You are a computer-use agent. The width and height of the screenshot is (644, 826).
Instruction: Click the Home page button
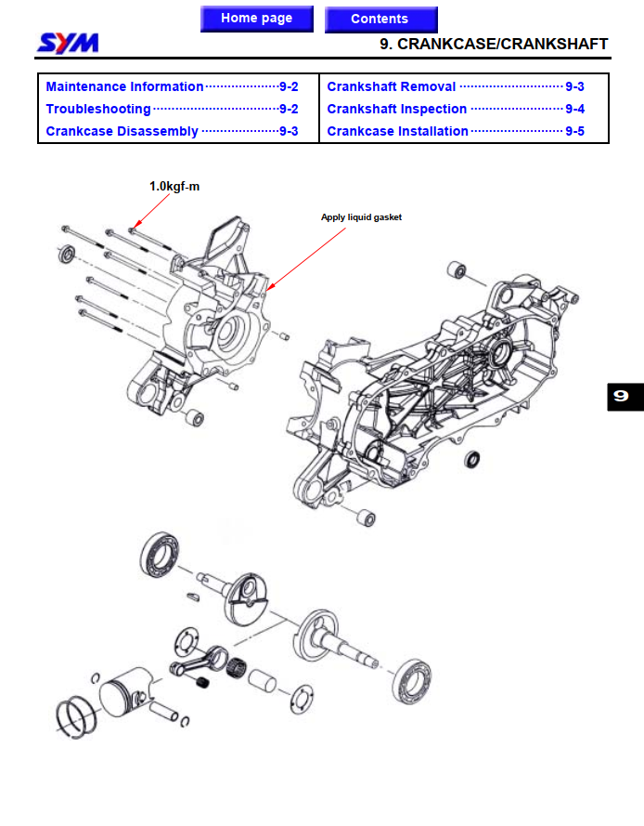tap(256, 19)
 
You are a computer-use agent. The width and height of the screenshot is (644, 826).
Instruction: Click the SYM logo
tap(69, 43)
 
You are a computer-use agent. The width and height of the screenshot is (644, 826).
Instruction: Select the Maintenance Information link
tap(124, 86)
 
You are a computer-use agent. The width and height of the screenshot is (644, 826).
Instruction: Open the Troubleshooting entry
tap(97, 109)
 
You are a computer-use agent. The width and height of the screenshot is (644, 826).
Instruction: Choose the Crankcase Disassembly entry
tap(122, 131)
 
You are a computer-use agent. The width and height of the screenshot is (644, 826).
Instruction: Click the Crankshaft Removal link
tap(391, 86)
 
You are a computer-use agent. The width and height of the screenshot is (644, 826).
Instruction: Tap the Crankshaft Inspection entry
tap(396, 109)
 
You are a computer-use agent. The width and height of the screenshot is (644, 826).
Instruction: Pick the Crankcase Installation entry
tap(397, 131)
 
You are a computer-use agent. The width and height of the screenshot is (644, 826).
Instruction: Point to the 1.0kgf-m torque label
tap(174, 186)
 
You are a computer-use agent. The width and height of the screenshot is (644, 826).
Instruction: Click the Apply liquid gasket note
tap(361, 217)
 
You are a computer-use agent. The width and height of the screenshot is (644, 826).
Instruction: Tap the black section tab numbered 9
tap(620, 397)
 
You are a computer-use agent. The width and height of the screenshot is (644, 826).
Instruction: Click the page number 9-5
tap(574, 131)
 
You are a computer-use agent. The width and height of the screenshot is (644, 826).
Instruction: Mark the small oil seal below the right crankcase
tap(474, 459)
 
